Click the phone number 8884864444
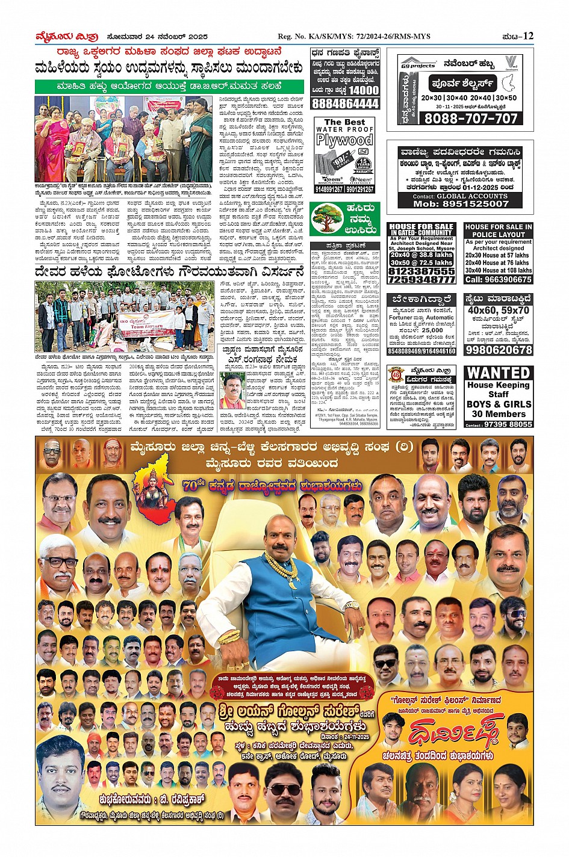point(345,104)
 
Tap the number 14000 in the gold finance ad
point(364,90)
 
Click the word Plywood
point(345,141)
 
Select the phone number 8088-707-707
point(471,119)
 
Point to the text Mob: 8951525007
point(461,204)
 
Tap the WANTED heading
point(499,373)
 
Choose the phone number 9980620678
point(499,350)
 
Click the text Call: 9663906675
point(499,279)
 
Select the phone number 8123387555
point(421,271)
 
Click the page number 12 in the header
point(528,36)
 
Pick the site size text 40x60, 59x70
point(499,311)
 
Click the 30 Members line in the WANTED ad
point(499,414)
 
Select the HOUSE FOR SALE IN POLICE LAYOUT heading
point(499,230)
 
